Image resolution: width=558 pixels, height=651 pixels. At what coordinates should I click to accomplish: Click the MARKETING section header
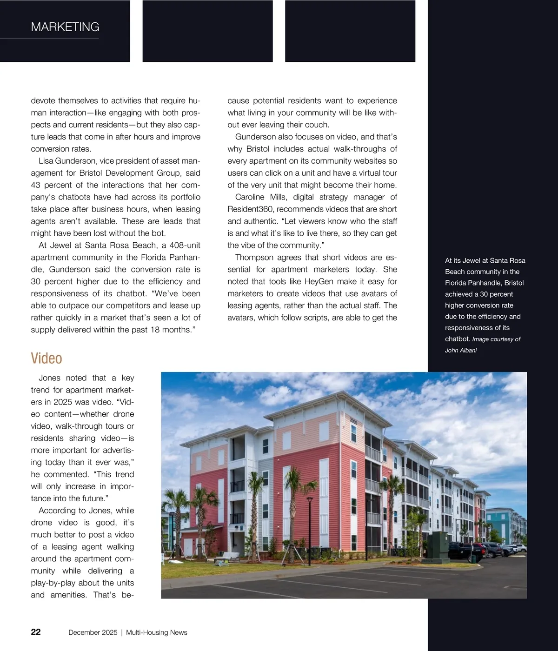(65, 27)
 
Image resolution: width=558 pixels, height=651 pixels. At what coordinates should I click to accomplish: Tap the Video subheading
(46, 359)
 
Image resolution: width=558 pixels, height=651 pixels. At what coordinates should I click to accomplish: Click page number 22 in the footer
(36, 632)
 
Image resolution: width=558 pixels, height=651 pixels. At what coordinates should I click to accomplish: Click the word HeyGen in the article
(319, 282)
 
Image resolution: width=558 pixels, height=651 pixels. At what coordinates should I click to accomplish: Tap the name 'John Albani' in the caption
(461, 351)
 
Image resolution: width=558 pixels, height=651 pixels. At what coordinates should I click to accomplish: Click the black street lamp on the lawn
(309, 525)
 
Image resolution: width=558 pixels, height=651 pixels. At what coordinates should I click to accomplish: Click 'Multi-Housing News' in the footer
(157, 632)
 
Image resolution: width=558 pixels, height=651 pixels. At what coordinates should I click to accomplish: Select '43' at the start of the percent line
(36, 185)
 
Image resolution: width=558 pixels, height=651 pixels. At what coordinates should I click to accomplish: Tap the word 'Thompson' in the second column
(254, 258)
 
